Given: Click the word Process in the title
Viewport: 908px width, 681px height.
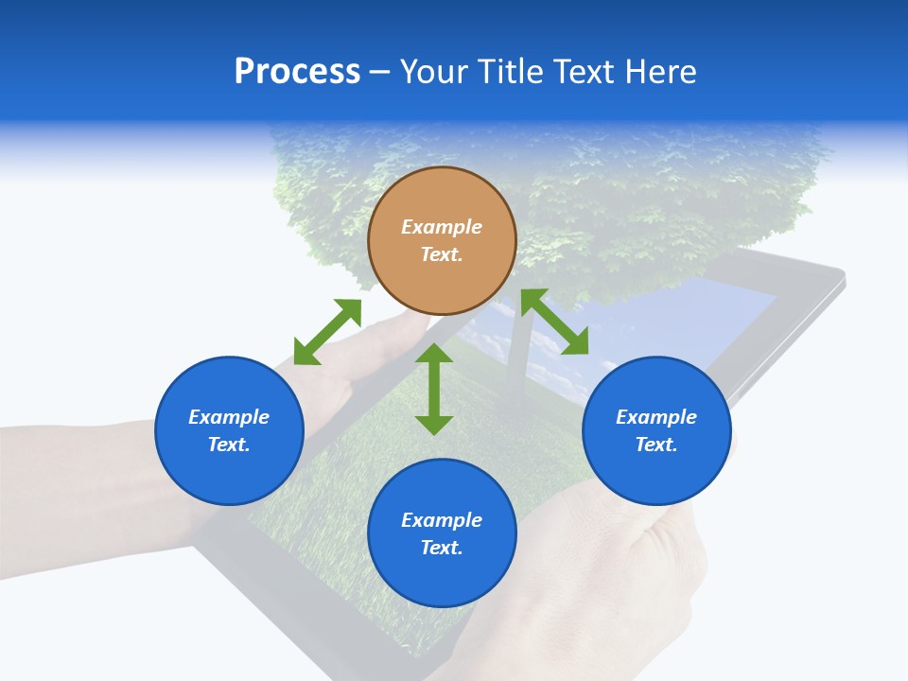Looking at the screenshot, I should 297,72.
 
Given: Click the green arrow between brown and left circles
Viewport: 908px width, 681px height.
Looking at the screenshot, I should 327,332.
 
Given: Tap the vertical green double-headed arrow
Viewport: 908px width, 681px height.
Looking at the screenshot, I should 434,389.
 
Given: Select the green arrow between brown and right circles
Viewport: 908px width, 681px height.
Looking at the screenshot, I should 554,322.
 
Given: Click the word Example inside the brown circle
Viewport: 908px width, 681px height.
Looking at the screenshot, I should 442,227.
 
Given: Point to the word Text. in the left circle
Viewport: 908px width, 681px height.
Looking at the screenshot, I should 229,445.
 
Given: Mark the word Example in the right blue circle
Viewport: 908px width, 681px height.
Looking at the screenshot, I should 656,417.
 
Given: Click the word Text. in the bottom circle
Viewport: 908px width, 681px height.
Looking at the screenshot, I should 442,548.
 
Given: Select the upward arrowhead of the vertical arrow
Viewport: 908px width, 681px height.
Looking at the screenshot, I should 434,354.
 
